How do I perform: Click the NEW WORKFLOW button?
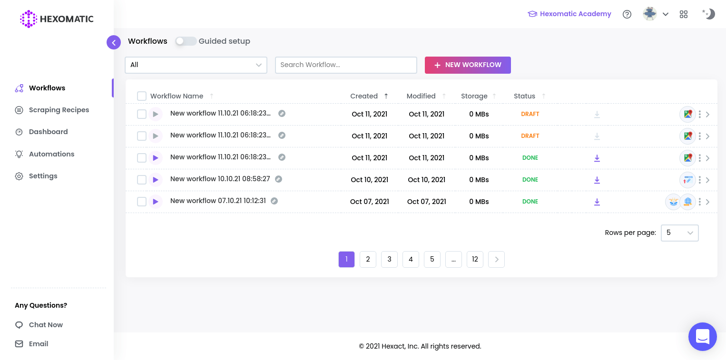[x=468, y=65]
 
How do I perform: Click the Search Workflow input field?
[x=346, y=65]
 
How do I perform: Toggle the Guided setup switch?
[x=186, y=41]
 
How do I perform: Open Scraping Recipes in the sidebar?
[x=59, y=110]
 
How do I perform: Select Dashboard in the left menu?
[x=48, y=132]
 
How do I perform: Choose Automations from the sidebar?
[x=51, y=154]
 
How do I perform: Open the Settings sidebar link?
[x=43, y=176]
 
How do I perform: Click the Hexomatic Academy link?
[x=569, y=14]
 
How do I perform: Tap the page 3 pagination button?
[x=389, y=259]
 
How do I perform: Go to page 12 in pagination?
[x=475, y=259]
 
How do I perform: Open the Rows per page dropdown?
[x=679, y=233]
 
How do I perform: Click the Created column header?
[x=364, y=96]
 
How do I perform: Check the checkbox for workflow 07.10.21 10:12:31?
[x=142, y=202]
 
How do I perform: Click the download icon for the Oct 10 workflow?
[x=597, y=180]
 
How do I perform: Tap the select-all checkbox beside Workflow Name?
[x=142, y=96]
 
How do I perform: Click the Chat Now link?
[x=46, y=325]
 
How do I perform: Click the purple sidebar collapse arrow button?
[x=114, y=42]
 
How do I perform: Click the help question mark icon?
[x=627, y=14]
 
